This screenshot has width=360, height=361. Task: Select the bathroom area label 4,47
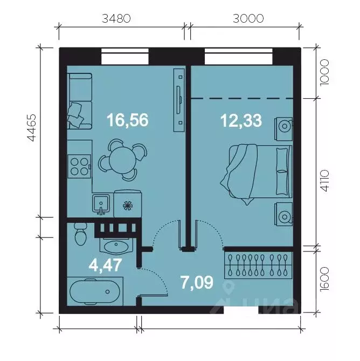(105, 265)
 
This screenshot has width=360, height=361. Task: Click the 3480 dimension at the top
(116, 18)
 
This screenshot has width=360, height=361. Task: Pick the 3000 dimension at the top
(248, 18)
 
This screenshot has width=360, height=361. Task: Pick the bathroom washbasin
(115, 247)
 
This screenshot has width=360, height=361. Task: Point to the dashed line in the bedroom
(243, 98)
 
